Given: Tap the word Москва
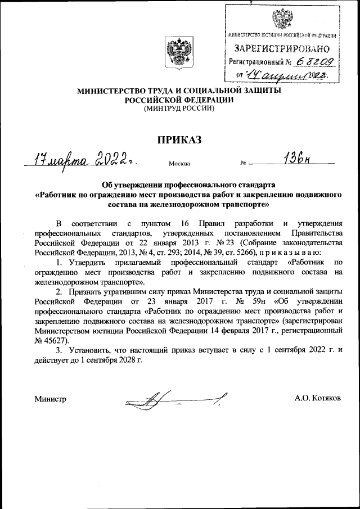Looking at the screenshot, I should click(179, 164).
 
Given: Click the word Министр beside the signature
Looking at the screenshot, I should click(51, 399).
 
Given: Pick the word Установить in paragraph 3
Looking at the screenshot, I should click(89, 352).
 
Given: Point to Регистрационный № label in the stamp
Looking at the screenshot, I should click(260, 62).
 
